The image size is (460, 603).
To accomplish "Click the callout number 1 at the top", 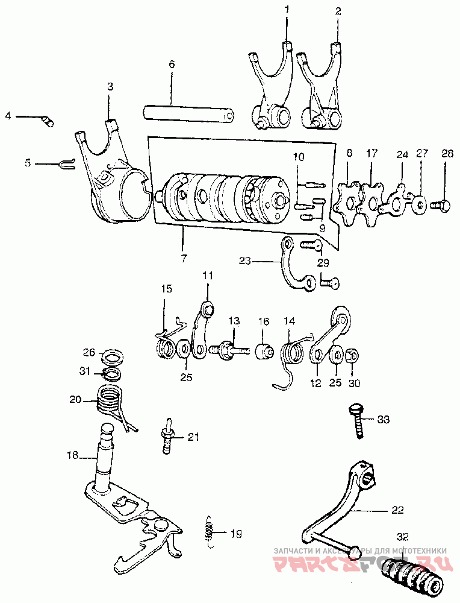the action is click(x=287, y=10).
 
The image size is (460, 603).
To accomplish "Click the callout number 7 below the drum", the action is click(x=182, y=259).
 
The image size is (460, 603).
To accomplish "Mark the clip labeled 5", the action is click(x=66, y=163).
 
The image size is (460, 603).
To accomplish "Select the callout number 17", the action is click(x=371, y=154).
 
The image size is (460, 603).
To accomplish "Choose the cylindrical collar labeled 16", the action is click(x=264, y=350).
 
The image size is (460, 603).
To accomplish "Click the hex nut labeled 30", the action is click(x=353, y=354).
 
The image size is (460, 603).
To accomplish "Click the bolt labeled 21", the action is click(x=167, y=437).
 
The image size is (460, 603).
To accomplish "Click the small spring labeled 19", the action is click(x=209, y=532).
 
